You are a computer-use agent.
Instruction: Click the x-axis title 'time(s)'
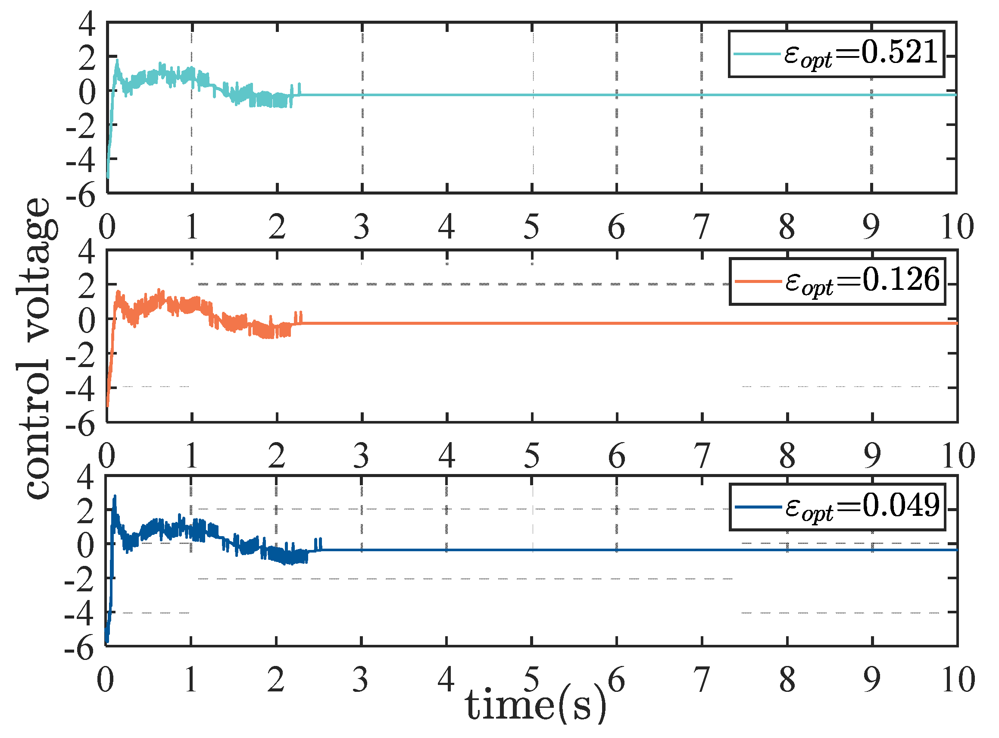tap(536, 706)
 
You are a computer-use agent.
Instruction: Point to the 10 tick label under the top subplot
tap(957, 227)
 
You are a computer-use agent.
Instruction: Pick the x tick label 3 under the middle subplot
tap(361, 455)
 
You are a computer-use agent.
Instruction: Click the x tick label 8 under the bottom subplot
tap(787, 680)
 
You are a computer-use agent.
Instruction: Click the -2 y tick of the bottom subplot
tap(79, 581)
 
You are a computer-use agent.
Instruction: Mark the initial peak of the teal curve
tap(117, 60)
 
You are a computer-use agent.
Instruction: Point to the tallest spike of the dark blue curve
tap(115, 496)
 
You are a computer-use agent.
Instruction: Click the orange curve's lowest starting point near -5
tap(108, 405)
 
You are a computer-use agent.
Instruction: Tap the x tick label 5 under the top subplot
tap(531, 227)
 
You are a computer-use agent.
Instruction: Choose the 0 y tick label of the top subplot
tap(87, 92)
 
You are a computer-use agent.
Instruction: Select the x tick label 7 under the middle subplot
tap(702, 455)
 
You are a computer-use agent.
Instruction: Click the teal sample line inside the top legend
tap(757, 54)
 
